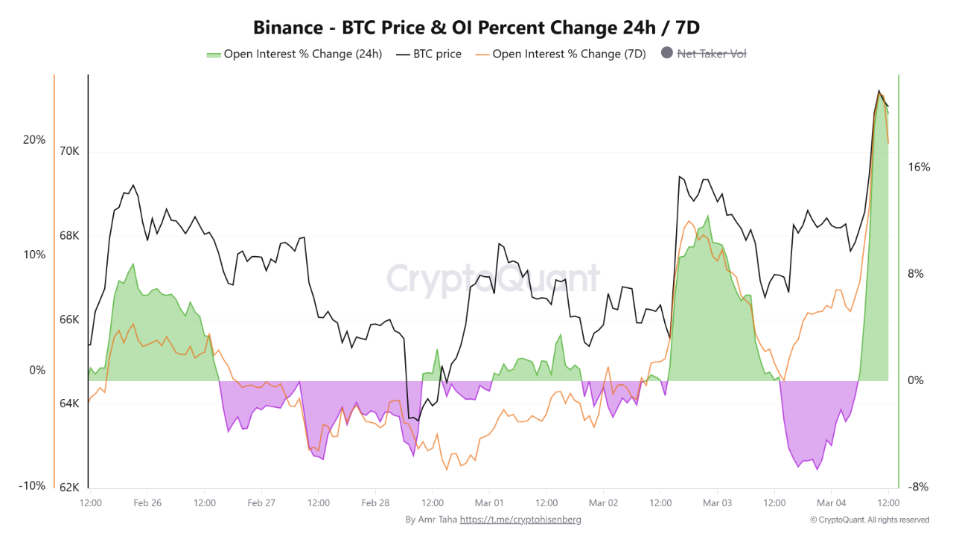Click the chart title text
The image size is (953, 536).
point(476,28)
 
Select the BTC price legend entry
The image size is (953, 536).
point(436,54)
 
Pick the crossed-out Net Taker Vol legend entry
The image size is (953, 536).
point(711,54)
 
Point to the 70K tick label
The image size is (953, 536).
point(69,151)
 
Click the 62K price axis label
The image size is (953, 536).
point(69,488)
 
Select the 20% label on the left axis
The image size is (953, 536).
point(34,140)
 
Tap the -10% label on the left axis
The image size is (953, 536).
point(31,485)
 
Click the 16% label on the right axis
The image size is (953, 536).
point(919,167)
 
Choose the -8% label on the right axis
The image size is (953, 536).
point(919,487)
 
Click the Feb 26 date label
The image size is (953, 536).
point(147,503)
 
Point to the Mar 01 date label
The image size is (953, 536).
point(489,503)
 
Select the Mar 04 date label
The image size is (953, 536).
point(831,503)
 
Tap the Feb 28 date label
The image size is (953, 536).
point(375,503)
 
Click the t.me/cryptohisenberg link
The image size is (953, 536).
point(520,520)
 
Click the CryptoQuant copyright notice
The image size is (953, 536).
point(870,520)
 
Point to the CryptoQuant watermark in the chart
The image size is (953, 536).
point(492,278)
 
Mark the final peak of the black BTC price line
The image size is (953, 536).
point(879,91)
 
